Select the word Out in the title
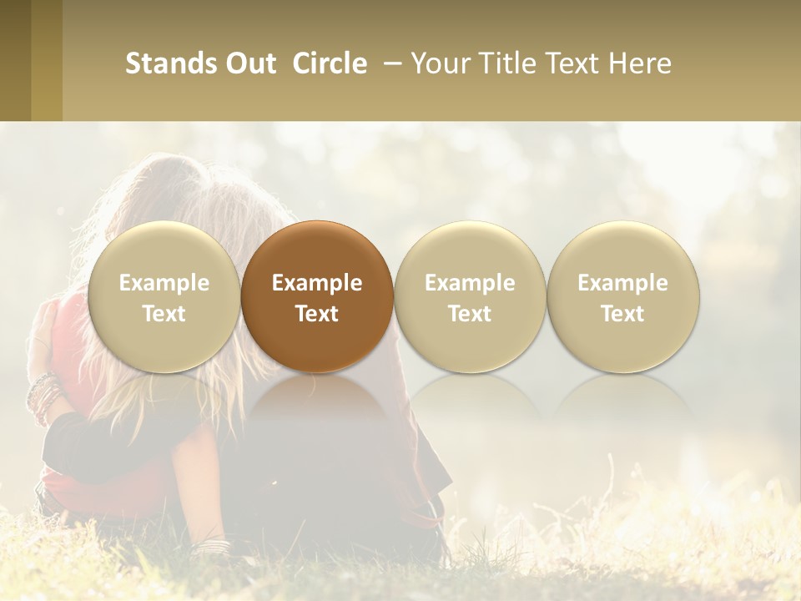(x=248, y=63)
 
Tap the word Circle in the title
(x=330, y=63)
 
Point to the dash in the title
(x=389, y=63)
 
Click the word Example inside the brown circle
(x=317, y=283)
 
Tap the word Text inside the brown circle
(x=317, y=314)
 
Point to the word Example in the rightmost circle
(x=623, y=283)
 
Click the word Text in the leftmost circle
(x=164, y=314)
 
